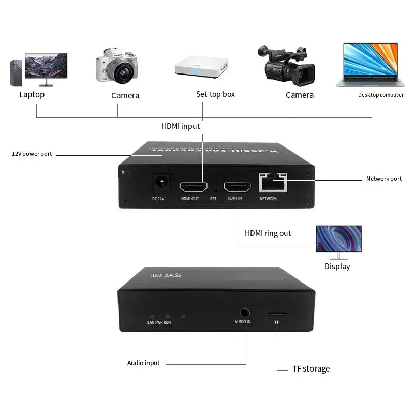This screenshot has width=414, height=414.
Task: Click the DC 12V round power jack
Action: coord(162,183)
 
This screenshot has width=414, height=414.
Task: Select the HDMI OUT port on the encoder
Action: coord(190,187)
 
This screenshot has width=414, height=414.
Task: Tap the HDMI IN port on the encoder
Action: coord(234,187)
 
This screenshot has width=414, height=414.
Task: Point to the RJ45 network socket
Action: coord(271,182)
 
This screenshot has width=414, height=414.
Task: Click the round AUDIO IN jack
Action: coord(244,313)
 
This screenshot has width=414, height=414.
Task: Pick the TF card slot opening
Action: coord(276,314)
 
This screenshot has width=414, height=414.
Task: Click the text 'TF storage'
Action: coord(310,368)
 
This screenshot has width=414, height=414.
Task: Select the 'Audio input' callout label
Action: coord(143,363)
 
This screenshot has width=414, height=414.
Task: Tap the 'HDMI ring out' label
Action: coord(268,233)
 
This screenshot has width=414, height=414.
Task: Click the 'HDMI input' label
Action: coord(181,126)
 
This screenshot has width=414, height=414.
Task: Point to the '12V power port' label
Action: coord(32,154)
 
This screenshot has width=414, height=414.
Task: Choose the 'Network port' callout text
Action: coord(383,179)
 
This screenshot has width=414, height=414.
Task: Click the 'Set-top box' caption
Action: coord(215,94)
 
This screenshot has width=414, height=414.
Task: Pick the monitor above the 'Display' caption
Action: coord(339,240)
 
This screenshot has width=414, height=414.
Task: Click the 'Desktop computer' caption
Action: coord(380,95)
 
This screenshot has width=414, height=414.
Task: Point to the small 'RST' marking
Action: coord(213,199)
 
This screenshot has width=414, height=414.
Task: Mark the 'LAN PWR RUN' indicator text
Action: coord(159,322)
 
